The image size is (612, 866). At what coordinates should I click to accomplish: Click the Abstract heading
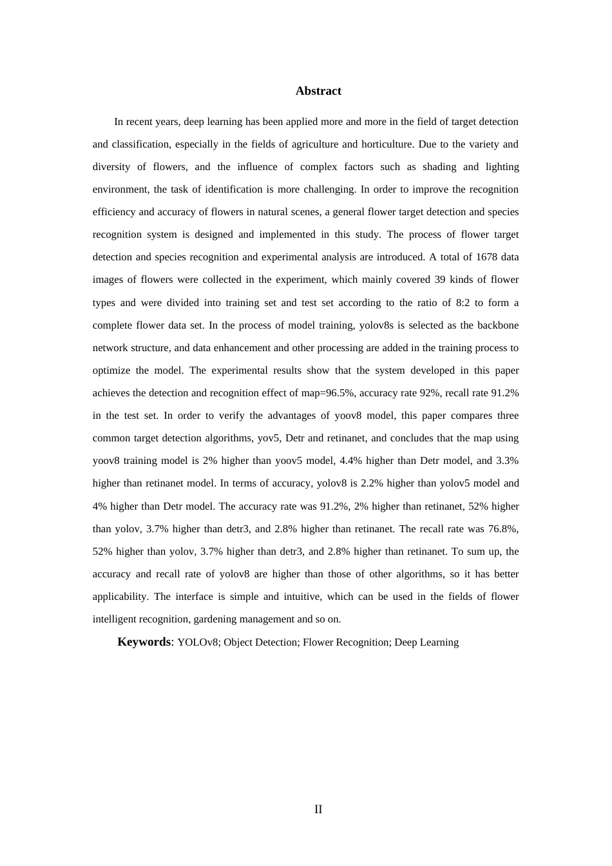[x=318, y=91]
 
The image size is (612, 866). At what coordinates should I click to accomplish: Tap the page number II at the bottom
[x=318, y=809]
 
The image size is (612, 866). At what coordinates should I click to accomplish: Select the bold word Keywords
[x=144, y=642]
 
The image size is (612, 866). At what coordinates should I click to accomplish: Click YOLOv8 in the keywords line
[x=198, y=642]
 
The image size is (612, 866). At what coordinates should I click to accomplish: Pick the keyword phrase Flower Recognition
[x=346, y=642]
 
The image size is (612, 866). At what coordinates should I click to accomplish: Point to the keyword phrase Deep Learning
[x=426, y=642]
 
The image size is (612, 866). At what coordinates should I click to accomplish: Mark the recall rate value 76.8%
[x=503, y=529]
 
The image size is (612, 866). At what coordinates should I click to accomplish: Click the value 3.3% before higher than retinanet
[x=507, y=461]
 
